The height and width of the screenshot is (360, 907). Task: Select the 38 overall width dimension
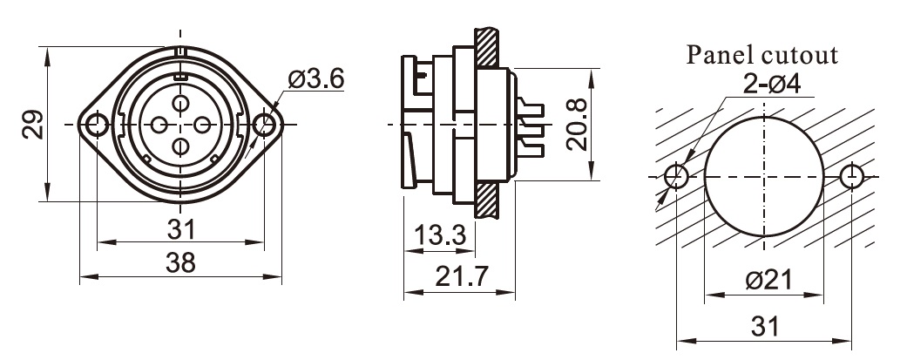pos(180,262)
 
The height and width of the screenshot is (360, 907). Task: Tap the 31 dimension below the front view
pos(180,229)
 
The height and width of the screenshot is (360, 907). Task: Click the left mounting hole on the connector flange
pos(97,126)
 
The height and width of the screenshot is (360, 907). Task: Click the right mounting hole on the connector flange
pos(263,126)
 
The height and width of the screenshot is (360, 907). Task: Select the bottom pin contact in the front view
pos(180,146)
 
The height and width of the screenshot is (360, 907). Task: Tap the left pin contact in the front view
pos(159,126)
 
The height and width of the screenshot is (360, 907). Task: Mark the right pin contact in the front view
pos(201,126)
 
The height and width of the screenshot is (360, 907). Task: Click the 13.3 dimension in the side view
pos(441,234)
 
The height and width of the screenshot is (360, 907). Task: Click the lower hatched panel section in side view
pos(487,201)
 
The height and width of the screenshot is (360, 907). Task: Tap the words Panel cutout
pos(762,56)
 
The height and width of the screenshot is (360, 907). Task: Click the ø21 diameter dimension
pos(762,282)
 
